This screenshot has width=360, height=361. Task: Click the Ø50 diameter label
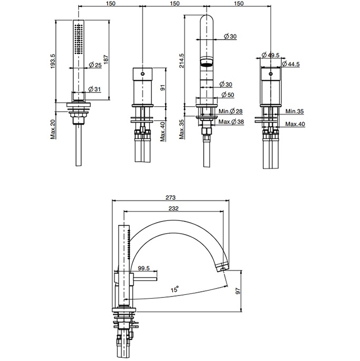point(228,95)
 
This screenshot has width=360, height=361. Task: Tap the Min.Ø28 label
point(231,112)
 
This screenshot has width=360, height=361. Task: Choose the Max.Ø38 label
point(231,122)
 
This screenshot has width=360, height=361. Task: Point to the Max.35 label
point(182,129)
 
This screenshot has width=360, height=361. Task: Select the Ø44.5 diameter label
point(291,64)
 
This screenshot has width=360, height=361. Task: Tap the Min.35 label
point(295,112)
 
